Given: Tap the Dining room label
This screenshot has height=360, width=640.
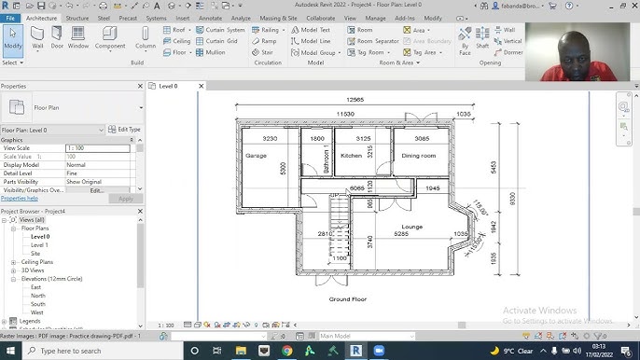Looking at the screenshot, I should pyautogui.click(x=419, y=156).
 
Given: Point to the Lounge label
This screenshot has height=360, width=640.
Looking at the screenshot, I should pyautogui.click(x=411, y=227).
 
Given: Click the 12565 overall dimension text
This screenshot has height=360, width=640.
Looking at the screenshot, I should pyautogui.click(x=355, y=100).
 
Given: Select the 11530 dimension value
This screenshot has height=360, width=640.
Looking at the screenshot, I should pyautogui.click(x=344, y=113).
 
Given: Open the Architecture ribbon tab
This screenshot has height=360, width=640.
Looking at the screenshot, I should pyautogui.click(x=41, y=18).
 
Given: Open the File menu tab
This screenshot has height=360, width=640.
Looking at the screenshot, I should pyautogui.click(x=10, y=18).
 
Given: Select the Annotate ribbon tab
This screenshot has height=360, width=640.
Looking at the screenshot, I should pyautogui.click(x=210, y=18).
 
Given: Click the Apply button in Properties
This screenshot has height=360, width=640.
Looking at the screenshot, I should pyautogui.click(x=125, y=199).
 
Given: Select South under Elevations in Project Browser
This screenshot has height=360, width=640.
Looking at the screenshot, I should pyautogui.click(x=37, y=304).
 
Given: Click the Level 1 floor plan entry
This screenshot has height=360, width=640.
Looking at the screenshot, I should pyautogui.click(x=39, y=244).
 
